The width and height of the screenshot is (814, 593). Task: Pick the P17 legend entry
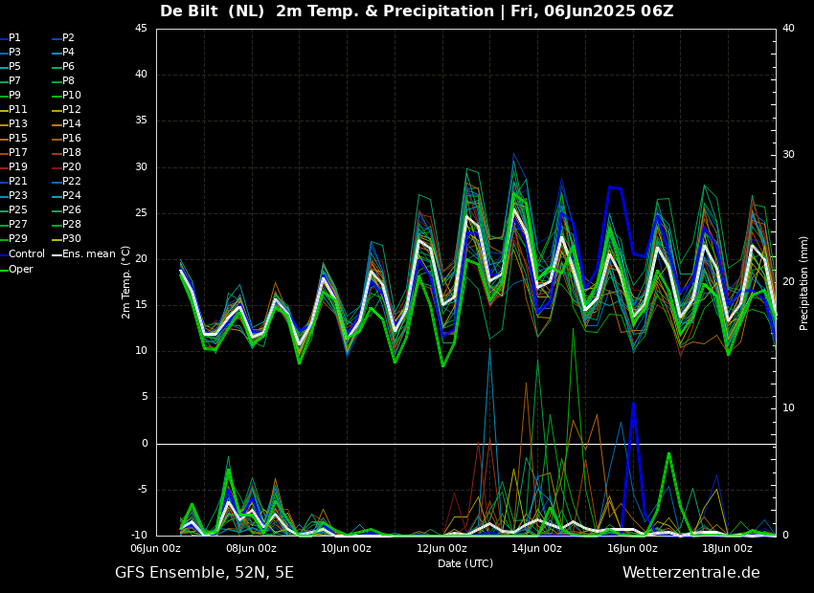pyautogui.click(x=18, y=153)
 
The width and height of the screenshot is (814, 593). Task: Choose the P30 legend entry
pyautogui.click(x=72, y=239)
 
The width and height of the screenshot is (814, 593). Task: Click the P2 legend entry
pyautogui.click(x=68, y=38)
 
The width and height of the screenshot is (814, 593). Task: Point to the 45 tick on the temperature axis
pyautogui.click(x=141, y=29)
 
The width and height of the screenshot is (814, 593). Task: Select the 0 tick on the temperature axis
pyautogui.click(x=144, y=444)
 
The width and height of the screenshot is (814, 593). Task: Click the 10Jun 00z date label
pyautogui.click(x=346, y=549)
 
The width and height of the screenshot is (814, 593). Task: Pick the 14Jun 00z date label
pyautogui.click(x=536, y=549)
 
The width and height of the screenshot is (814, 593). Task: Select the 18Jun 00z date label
pyautogui.click(x=727, y=549)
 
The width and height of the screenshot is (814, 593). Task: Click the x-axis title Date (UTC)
pyautogui.click(x=465, y=564)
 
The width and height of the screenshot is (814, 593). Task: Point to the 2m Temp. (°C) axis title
pyautogui.click(x=125, y=282)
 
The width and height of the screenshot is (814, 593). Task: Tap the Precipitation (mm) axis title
pyautogui.click(x=804, y=282)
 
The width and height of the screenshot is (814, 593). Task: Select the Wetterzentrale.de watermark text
pyautogui.click(x=690, y=573)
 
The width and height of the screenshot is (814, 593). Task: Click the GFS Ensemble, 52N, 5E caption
pyautogui.click(x=204, y=573)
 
